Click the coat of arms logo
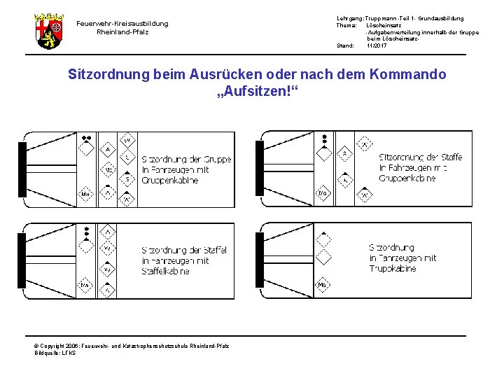(x=48, y=29)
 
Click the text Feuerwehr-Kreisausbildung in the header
(x=122, y=23)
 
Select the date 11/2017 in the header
(x=377, y=45)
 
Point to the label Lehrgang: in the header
(x=351, y=18)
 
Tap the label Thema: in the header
(x=348, y=25)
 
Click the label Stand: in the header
(x=346, y=45)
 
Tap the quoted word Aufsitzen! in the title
(x=257, y=92)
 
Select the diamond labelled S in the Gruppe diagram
(x=127, y=180)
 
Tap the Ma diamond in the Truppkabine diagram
(x=322, y=285)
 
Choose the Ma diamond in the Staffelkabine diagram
(x=85, y=285)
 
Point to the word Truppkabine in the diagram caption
(x=393, y=268)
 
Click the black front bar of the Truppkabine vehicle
(x=260, y=260)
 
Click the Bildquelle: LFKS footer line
(x=55, y=353)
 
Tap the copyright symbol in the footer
(x=36, y=346)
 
